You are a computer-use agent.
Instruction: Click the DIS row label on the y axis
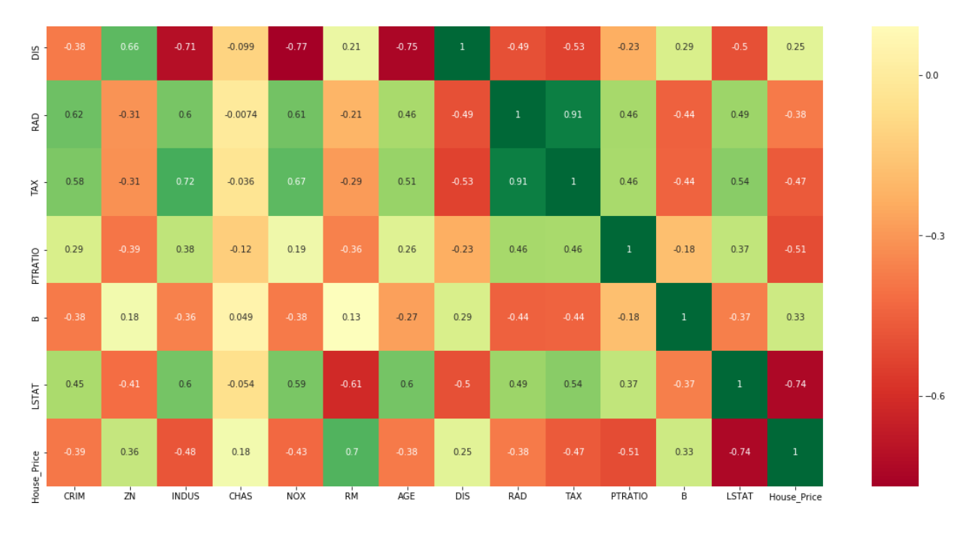tap(35, 47)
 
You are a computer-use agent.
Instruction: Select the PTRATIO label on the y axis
tap(35, 249)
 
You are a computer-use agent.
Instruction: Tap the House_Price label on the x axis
tap(795, 497)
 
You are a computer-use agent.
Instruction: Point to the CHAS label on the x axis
tap(240, 497)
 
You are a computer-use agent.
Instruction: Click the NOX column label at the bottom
tap(296, 497)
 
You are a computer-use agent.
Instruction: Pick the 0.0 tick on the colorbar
tap(931, 75)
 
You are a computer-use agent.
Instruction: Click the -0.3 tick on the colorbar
tap(934, 236)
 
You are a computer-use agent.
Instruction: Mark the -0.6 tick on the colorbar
tap(934, 396)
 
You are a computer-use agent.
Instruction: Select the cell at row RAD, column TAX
tap(573, 114)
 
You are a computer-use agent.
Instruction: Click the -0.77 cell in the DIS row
tap(296, 47)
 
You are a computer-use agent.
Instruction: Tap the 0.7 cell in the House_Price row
tap(351, 452)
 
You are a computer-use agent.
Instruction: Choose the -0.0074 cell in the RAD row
tap(240, 114)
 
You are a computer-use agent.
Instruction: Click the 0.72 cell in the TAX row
tap(185, 182)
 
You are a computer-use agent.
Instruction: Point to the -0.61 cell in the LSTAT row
tap(351, 384)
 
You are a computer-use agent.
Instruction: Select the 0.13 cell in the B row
tap(351, 317)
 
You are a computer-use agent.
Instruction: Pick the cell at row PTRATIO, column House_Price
tap(795, 249)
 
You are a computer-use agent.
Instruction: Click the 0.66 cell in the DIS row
tap(129, 47)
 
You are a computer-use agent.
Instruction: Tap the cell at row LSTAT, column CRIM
tap(74, 384)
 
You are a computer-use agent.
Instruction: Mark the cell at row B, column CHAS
tap(240, 317)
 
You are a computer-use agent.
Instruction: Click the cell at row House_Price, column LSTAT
tap(740, 452)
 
